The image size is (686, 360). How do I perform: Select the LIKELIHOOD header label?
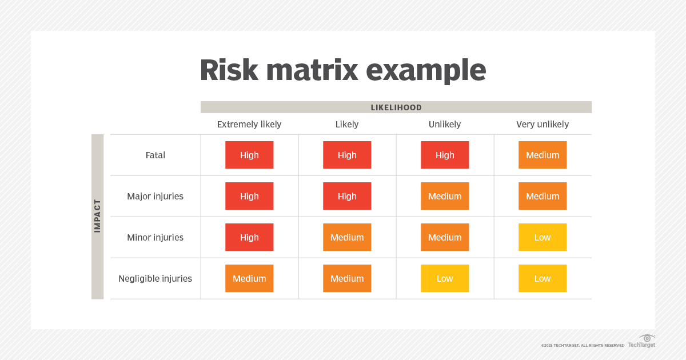[396, 107]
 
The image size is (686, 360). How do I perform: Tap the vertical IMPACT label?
[97, 216]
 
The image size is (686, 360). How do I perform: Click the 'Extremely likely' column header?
[249, 124]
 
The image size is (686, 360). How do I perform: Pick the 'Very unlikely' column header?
[543, 124]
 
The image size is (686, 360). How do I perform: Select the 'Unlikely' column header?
[445, 124]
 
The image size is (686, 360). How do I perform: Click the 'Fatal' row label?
[155, 155]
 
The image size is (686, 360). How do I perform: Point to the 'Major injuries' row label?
[155, 196]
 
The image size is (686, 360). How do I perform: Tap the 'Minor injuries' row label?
[155, 237]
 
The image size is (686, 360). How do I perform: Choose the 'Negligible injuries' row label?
[155, 278]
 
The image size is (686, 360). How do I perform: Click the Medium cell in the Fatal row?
[543, 155]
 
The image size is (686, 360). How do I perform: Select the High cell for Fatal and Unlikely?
[445, 155]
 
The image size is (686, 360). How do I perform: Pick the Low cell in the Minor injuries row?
[543, 237]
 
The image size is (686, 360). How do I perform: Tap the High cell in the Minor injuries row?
[249, 237]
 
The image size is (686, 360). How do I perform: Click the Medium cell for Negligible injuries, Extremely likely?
[249, 278]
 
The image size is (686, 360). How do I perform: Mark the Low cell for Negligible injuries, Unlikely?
[445, 278]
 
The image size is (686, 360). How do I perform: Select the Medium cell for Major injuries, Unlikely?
[445, 196]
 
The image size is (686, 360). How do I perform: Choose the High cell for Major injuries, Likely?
[347, 196]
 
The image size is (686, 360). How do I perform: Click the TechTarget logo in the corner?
[642, 341]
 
